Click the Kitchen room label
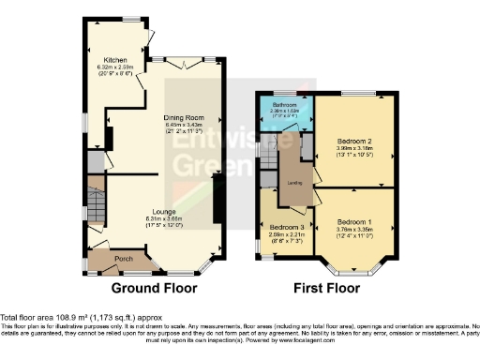[x=114, y=58]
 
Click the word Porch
[x=123, y=258]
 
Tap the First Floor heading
[x=327, y=288]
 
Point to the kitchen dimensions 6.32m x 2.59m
[x=114, y=66]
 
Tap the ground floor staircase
[x=98, y=202]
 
